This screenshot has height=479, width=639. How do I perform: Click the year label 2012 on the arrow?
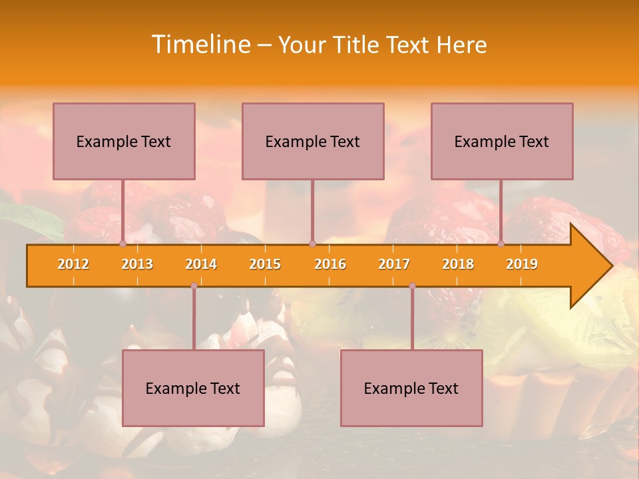(73, 264)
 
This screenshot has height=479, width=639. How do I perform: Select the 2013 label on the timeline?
(137, 264)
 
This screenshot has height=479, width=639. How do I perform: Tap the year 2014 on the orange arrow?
(201, 264)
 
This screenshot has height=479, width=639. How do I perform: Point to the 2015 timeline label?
(265, 264)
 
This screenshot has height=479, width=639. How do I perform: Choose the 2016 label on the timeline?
(330, 264)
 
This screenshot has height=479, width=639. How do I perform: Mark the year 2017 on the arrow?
(394, 264)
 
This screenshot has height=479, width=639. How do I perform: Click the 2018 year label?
(458, 264)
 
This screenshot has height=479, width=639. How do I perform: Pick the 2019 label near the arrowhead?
(522, 264)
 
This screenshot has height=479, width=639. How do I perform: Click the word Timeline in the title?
(200, 45)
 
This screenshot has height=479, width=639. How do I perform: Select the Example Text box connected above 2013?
(124, 141)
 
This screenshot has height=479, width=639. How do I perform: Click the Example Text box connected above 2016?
(313, 141)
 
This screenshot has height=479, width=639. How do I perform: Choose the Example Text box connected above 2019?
(502, 141)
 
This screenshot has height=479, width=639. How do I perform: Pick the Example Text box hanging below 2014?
(193, 388)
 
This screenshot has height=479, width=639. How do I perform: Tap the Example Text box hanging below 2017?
(411, 388)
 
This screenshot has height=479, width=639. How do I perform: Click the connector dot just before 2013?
(122, 244)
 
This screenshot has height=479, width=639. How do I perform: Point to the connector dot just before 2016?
(312, 244)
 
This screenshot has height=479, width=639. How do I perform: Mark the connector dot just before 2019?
(501, 244)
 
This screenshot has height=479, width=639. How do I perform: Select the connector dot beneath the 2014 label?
(194, 285)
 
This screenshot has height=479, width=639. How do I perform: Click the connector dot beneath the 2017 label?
(412, 285)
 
